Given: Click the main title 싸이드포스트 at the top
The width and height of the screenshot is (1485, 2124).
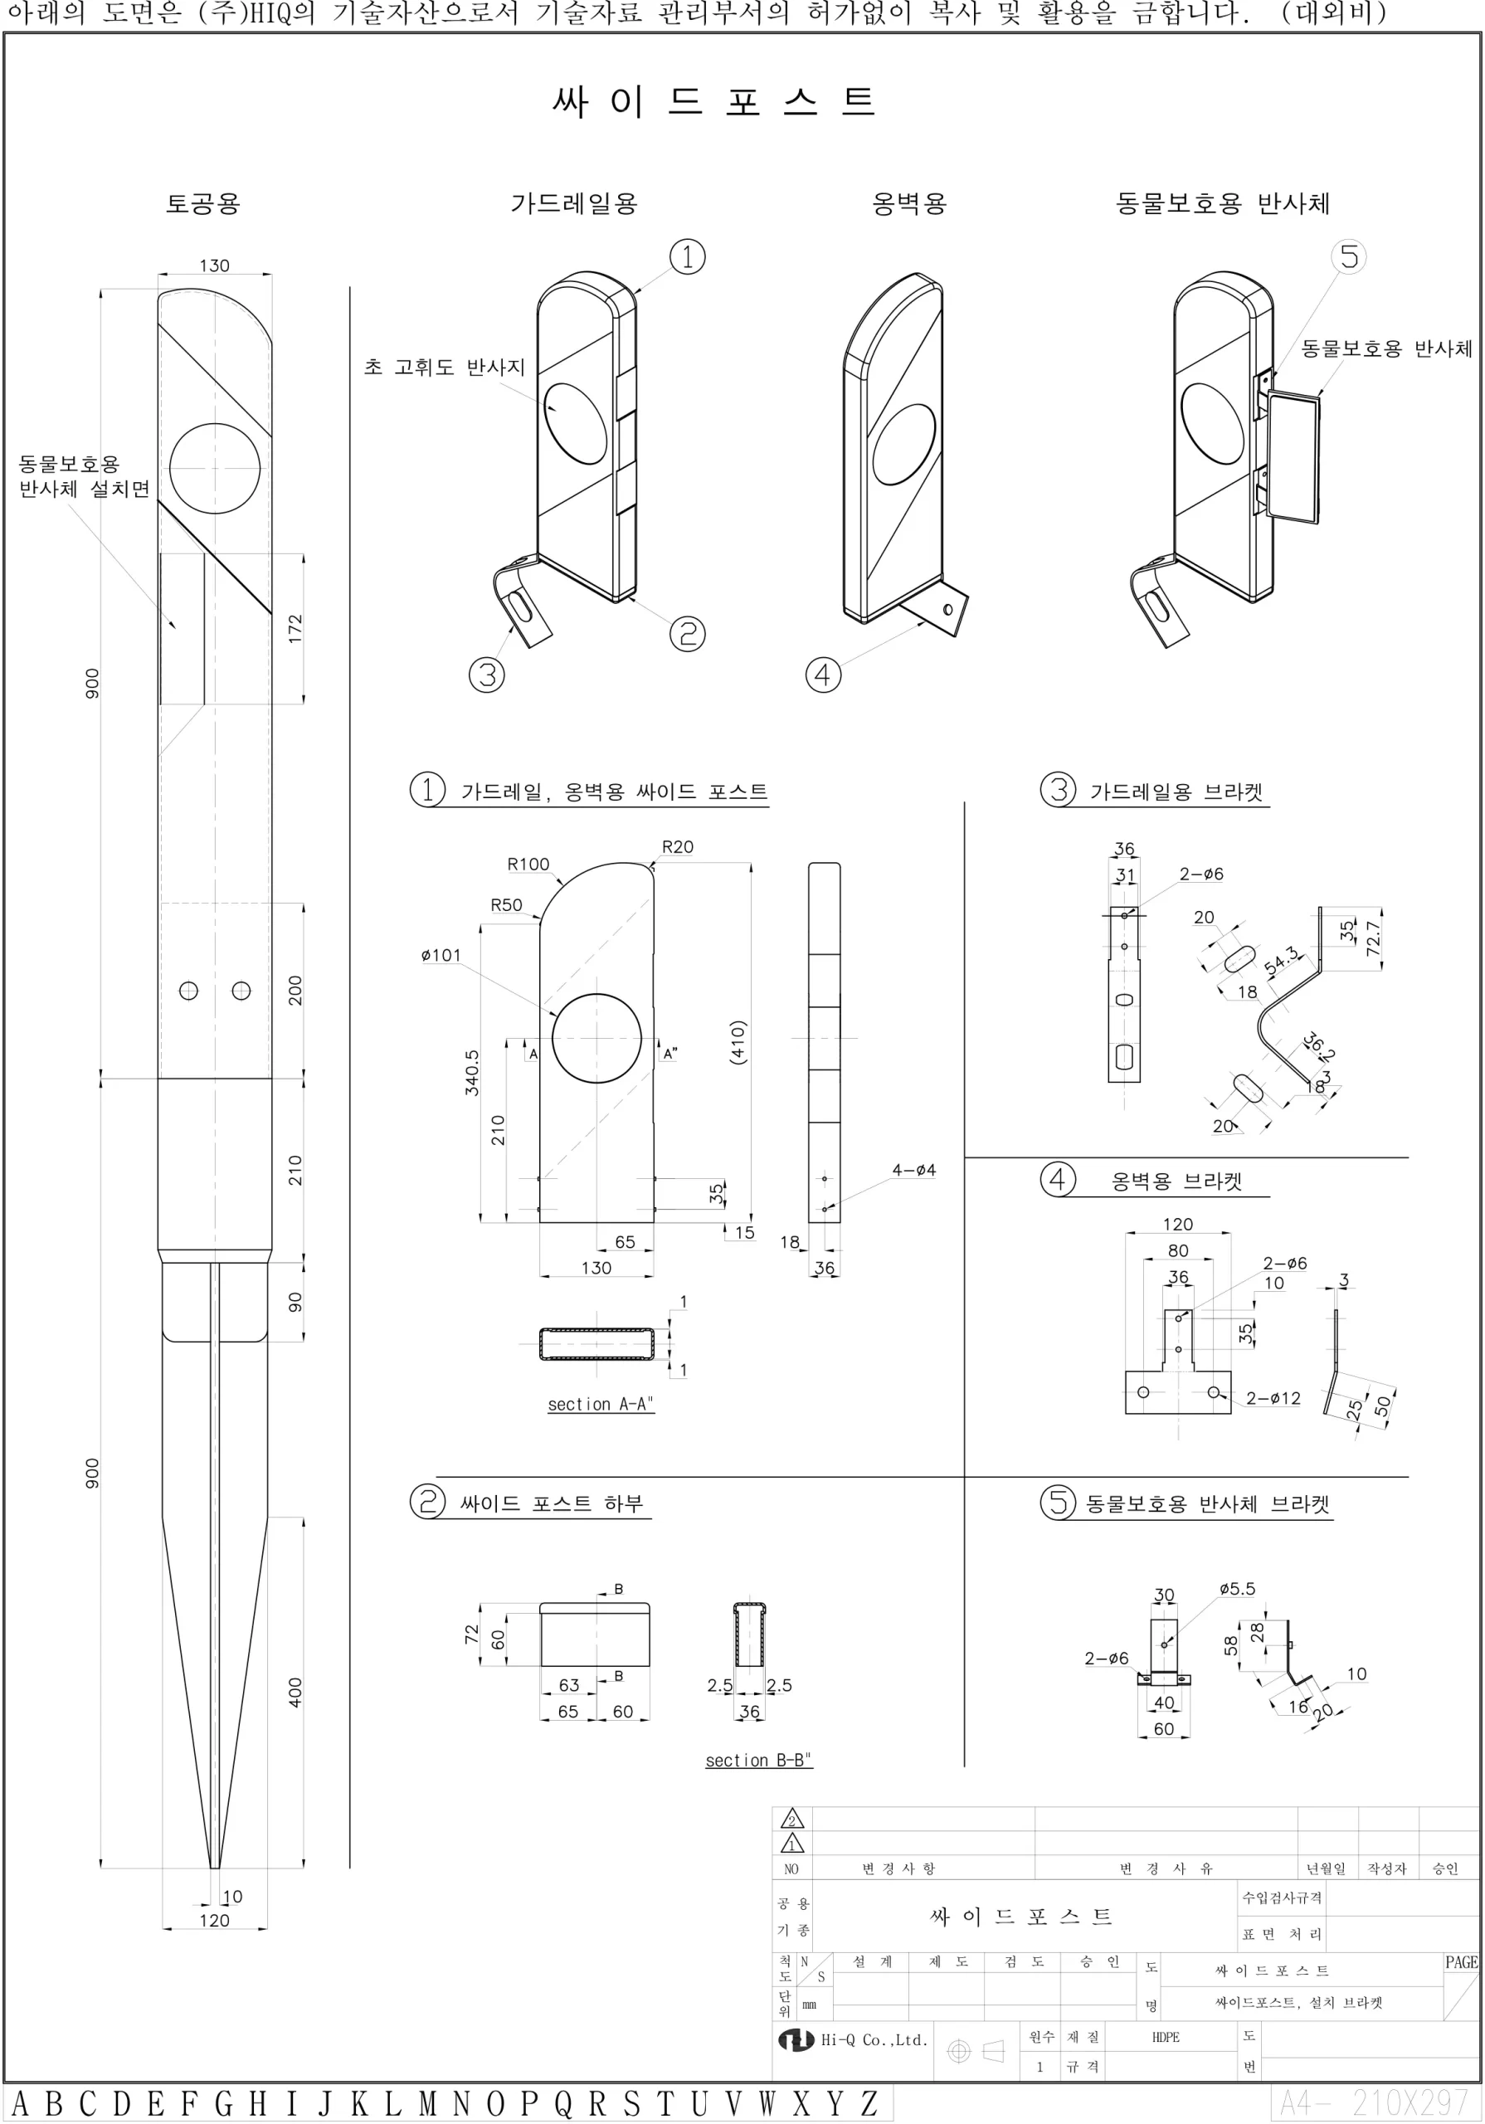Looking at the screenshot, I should tap(713, 101).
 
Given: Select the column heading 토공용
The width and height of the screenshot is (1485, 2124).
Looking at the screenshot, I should tap(202, 203).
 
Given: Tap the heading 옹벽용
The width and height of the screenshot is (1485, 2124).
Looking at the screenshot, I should tap(909, 203).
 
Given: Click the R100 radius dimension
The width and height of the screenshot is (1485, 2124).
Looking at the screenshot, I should tap(528, 864).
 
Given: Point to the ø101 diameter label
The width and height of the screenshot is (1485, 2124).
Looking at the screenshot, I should tap(441, 955).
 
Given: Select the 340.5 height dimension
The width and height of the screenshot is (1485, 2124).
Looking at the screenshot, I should tap(472, 1072).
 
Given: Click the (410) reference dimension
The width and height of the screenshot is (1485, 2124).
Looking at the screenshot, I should tap(738, 1043).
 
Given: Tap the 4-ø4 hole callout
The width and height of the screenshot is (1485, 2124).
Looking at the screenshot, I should tap(913, 1170).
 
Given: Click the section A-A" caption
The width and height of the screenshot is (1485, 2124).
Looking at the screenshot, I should tap(601, 1405).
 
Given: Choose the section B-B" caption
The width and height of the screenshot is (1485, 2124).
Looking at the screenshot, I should tap(757, 1761).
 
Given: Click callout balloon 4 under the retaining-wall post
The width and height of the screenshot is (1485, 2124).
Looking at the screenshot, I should tap(822, 675).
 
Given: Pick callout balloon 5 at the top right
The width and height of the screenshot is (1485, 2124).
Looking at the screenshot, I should tap(1349, 256).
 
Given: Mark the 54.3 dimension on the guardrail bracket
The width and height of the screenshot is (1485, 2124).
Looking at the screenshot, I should tap(1282, 960).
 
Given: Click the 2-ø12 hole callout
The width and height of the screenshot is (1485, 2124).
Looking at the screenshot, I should tap(1273, 1398).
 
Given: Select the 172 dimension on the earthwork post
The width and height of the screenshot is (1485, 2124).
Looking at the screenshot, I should tap(295, 628).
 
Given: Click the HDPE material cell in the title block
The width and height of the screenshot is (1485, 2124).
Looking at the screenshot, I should tap(1166, 2037).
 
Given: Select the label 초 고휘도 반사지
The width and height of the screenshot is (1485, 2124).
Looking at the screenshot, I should tap(444, 368).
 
